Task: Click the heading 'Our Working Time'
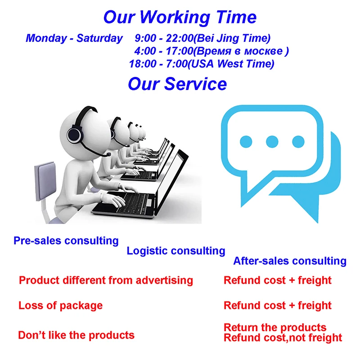point(180,18)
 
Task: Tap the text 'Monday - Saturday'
point(74,38)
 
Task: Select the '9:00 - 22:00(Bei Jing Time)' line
point(202,38)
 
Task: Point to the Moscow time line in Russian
point(211,51)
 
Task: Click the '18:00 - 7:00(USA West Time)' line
point(202,64)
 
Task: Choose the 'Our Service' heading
point(177,84)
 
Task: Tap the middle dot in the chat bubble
point(272,141)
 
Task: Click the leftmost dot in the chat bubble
point(246,141)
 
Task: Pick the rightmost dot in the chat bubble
point(298,141)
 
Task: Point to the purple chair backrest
point(45,181)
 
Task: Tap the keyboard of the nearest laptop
point(129,202)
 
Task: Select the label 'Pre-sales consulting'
point(66,241)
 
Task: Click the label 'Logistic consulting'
point(176,251)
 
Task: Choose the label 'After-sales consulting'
point(290,261)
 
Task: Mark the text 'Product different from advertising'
point(106,280)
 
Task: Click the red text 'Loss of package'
point(60,306)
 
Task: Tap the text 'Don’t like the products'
point(76,335)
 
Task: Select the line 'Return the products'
point(275,328)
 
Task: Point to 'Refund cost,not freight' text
point(283,338)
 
